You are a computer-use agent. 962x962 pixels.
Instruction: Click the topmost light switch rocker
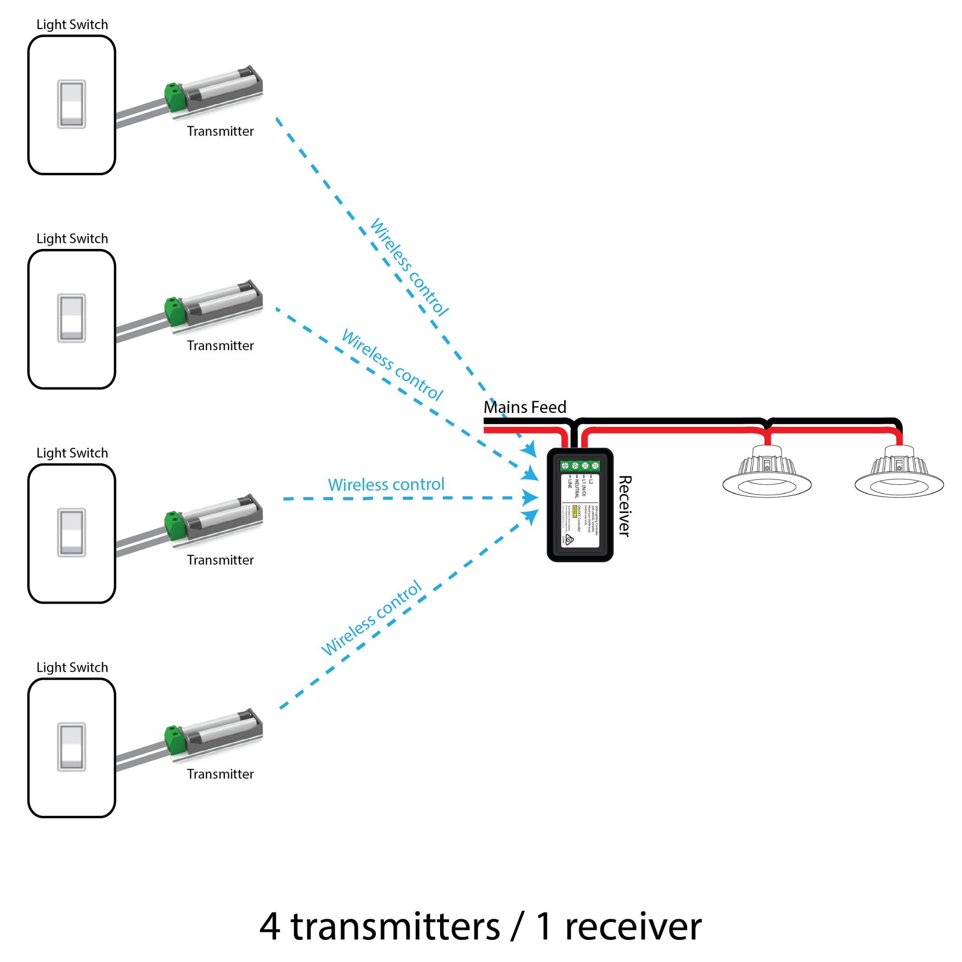tap(71, 104)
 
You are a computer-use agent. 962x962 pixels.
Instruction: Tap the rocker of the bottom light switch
tap(71, 747)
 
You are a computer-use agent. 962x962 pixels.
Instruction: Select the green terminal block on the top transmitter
tap(175, 97)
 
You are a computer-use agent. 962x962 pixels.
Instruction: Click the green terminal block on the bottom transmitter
tap(175, 739)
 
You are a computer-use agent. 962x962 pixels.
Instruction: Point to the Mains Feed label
tap(525, 407)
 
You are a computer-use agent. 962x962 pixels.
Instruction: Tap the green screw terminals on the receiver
tap(580, 465)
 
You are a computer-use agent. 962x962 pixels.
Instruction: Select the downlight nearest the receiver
tap(767, 473)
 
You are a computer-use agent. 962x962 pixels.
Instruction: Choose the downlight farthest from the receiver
tap(899, 473)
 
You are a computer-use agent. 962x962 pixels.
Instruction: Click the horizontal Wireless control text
tap(386, 484)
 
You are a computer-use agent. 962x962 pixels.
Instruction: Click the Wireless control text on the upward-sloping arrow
tap(372, 618)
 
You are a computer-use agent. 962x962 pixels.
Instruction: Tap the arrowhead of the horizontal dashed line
tap(531, 497)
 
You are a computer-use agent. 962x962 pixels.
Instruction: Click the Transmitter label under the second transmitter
tap(220, 346)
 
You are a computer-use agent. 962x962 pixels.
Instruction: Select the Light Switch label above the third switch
tap(72, 453)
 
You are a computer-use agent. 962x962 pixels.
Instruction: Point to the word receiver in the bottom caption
tap(633, 927)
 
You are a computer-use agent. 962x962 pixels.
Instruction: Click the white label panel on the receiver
tap(580, 511)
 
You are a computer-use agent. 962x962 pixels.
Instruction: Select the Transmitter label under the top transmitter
tap(220, 132)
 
